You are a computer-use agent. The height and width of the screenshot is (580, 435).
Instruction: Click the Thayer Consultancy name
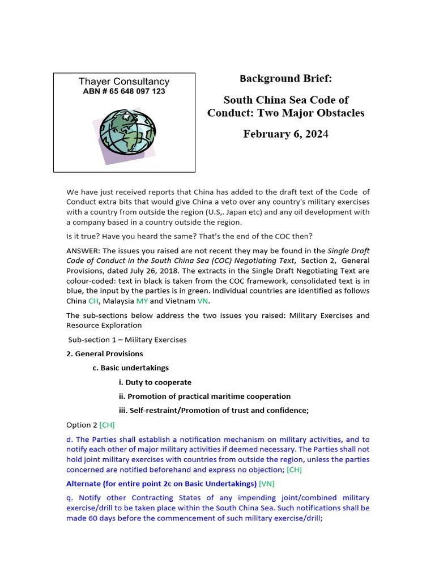123,82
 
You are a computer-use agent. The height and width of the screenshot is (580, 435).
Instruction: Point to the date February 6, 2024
285,134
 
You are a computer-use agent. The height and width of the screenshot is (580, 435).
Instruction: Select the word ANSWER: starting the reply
83,251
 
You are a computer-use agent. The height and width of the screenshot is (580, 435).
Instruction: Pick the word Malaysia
117,301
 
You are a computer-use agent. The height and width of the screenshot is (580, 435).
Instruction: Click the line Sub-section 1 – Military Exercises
127,340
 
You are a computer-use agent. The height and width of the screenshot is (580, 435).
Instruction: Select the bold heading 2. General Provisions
104,353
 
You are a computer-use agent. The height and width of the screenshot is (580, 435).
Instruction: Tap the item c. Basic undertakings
130,368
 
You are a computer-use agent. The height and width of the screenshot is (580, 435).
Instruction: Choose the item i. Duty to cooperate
155,382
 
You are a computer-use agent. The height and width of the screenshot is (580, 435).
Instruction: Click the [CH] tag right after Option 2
106,425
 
